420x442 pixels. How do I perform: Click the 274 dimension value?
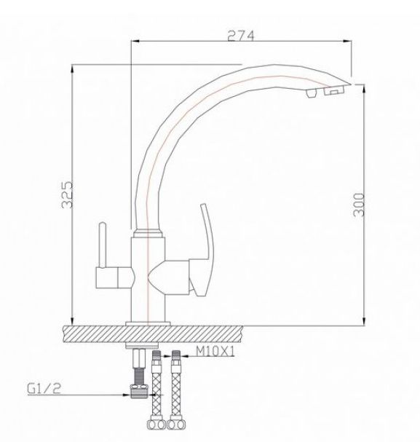[240, 36]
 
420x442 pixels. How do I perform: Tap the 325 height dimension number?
[67, 194]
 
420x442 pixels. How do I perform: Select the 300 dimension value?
[358, 205]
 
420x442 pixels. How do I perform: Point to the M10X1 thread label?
[215, 351]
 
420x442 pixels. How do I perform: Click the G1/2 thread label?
[44, 389]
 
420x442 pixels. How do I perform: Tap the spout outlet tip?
[349, 84]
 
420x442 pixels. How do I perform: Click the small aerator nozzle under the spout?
[310, 93]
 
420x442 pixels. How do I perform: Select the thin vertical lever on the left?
[102, 245]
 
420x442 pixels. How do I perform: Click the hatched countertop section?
[152, 334]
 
